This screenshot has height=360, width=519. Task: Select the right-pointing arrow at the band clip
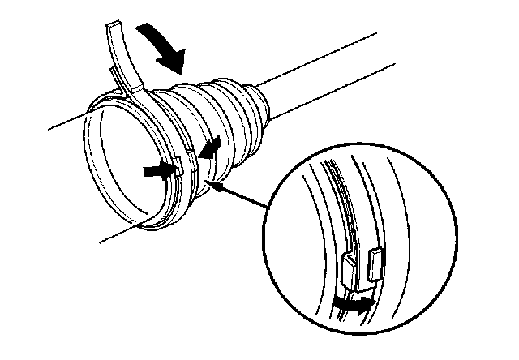(156, 171)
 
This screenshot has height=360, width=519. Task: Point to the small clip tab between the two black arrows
(177, 169)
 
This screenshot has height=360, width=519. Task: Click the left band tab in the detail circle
(350, 270)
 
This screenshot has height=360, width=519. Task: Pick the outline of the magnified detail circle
(268, 243)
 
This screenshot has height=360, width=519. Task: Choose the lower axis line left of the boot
(114, 235)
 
